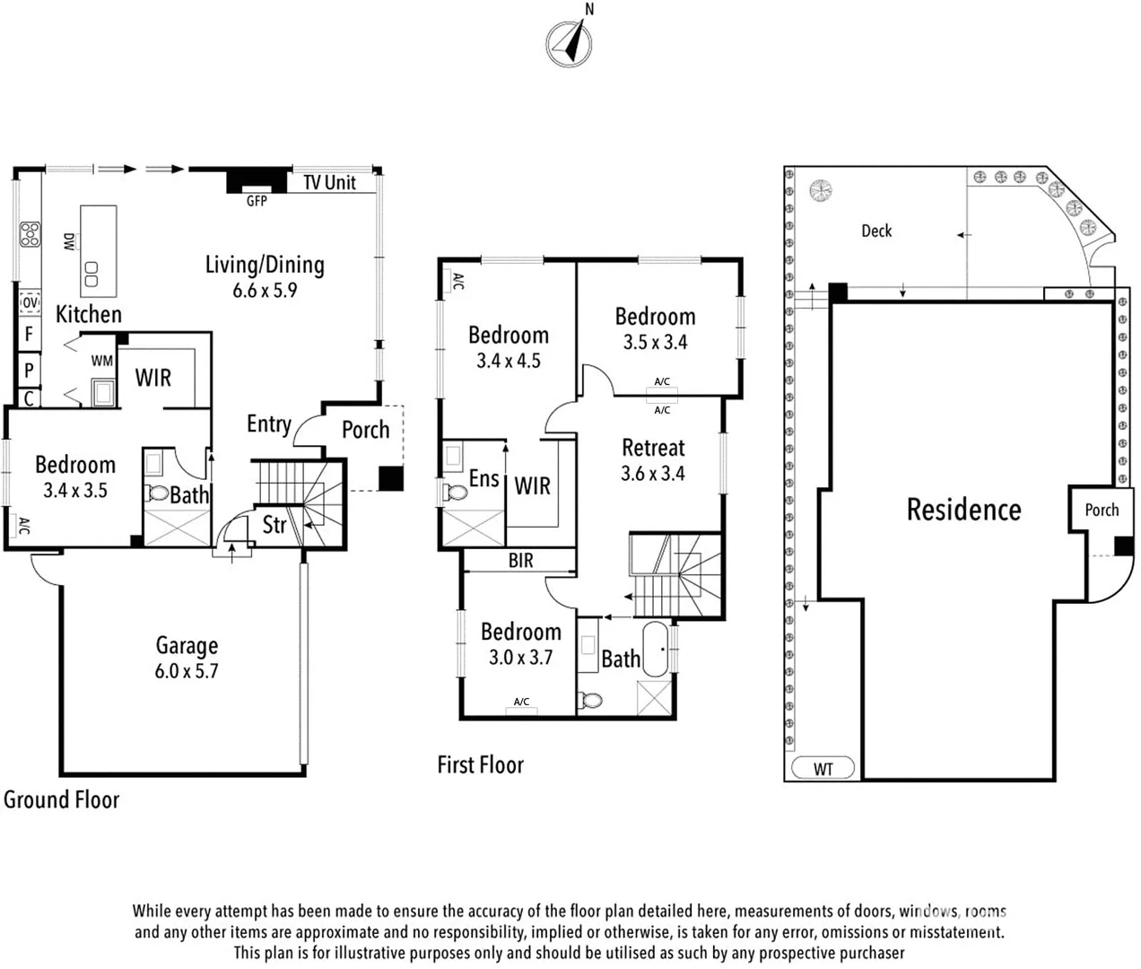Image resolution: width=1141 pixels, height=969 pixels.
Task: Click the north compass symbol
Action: click(570, 42)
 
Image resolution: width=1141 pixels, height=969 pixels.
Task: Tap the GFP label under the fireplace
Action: click(257, 201)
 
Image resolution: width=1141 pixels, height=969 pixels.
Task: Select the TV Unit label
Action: click(329, 183)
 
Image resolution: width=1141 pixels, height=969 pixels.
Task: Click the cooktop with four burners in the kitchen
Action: click(30, 234)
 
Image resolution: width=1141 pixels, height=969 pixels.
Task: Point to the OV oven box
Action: click(30, 302)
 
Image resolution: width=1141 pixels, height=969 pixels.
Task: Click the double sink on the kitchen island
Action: click(91, 275)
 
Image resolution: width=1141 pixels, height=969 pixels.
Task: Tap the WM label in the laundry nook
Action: click(102, 361)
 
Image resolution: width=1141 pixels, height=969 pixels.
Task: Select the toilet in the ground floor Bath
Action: click(157, 493)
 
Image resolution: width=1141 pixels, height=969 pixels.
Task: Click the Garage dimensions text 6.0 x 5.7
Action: click(187, 671)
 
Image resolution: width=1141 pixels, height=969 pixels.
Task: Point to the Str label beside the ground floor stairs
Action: click(274, 525)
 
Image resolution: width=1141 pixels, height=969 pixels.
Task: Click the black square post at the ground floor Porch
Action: click(391, 479)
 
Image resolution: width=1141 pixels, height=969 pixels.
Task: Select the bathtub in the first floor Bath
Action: click(655, 650)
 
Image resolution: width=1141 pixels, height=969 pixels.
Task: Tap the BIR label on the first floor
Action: click(520, 561)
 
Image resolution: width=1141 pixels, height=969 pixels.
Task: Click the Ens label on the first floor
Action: click(484, 479)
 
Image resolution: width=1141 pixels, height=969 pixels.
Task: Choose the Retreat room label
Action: click(653, 448)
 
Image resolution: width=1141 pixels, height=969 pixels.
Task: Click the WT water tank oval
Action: click(823, 768)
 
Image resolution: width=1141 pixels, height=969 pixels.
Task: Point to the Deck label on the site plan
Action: click(876, 231)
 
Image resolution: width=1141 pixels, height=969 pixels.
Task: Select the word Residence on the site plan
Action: click(963, 510)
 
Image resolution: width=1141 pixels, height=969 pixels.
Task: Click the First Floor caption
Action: click(480, 765)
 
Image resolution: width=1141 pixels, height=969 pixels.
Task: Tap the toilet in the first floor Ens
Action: click(456, 492)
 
